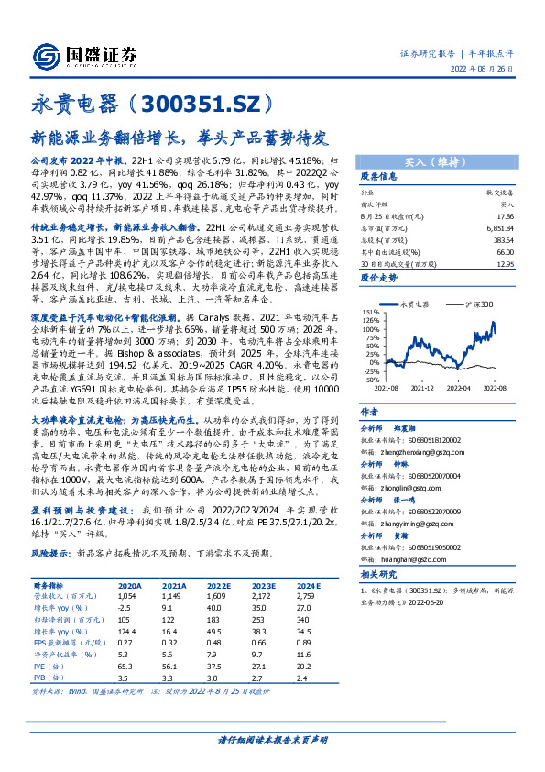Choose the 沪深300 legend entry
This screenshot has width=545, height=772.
click(x=475, y=303)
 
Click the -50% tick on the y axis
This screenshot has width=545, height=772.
click(x=370, y=380)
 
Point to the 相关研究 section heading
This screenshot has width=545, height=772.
click(x=378, y=574)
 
